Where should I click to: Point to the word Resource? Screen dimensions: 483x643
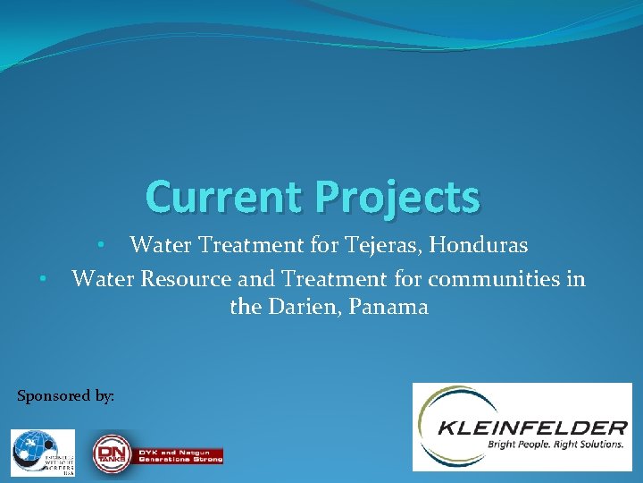coord(186,279)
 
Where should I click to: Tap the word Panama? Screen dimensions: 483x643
coord(388,307)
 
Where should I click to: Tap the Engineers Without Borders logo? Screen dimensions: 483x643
coord(43,453)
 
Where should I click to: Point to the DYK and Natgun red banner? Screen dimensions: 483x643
coord(180,455)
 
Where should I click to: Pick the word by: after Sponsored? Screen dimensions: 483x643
coord(105,395)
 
